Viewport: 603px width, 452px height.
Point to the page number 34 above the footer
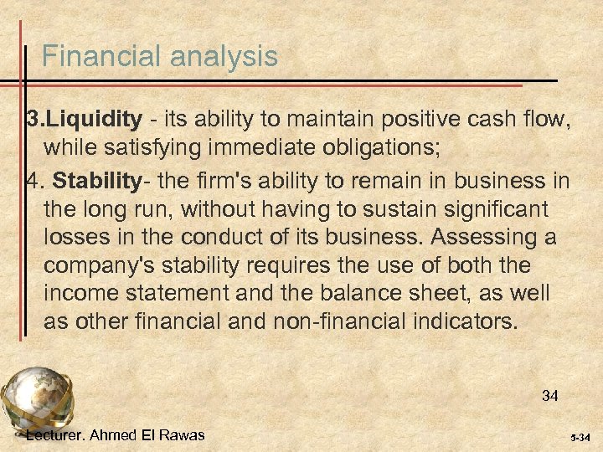[x=549, y=396]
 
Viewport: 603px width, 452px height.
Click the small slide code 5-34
[x=580, y=438]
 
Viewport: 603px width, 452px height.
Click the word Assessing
[x=476, y=238]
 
